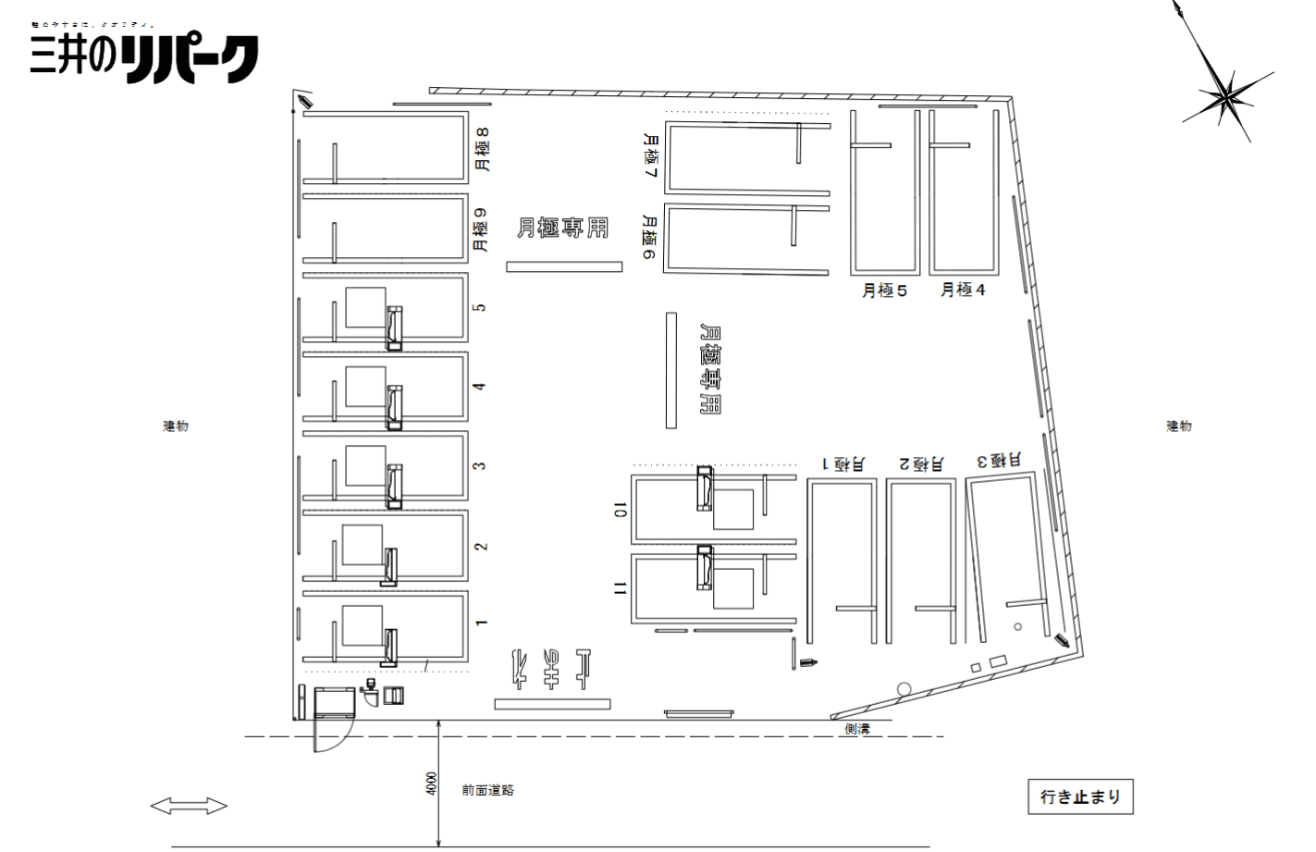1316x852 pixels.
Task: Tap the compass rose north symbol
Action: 1226,93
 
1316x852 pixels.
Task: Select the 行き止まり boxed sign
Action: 1080,796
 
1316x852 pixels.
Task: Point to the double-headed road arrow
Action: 189,807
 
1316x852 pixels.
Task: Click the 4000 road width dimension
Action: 431,784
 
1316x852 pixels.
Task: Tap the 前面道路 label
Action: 488,791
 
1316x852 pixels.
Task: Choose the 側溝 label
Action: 857,730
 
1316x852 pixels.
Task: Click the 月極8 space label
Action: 481,149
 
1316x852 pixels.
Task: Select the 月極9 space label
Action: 480,229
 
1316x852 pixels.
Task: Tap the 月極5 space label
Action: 884,290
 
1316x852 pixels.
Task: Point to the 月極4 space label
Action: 963,290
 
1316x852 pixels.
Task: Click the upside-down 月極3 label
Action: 999,460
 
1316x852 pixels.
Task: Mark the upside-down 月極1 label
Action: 842,463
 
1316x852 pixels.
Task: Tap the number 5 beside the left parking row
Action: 480,307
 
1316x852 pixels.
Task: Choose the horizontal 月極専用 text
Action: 562,228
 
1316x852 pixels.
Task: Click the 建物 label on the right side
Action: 1178,426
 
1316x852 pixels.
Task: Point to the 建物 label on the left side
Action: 176,426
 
